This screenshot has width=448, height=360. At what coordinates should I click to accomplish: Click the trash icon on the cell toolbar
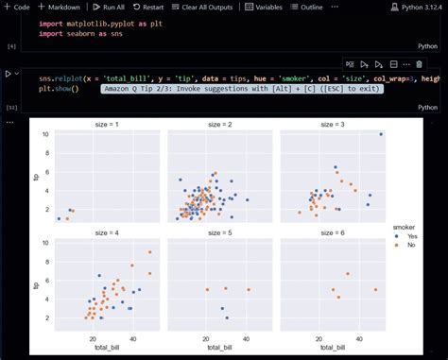click(x=419, y=64)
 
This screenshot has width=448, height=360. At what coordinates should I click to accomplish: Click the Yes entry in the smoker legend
click(x=411, y=236)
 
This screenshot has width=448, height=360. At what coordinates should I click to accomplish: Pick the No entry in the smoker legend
click(x=410, y=246)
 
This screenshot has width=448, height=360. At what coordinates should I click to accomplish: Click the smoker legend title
click(x=406, y=227)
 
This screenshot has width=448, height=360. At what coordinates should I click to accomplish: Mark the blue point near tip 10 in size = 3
click(x=381, y=134)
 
